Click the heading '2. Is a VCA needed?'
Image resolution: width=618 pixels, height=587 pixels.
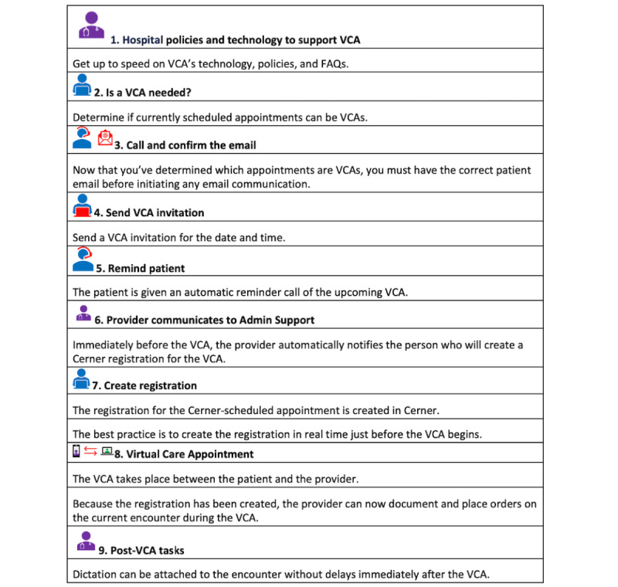pyautogui.click(x=143, y=92)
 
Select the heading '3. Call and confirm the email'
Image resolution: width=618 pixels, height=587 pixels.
pyautogui.click(x=185, y=144)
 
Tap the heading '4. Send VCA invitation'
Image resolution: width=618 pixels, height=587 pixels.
pyautogui.click(x=149, y=212)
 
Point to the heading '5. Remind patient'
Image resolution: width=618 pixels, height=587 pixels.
pyautogui.click(x=141, y=268)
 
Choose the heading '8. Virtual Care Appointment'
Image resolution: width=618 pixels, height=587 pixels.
pyautogui.click(x=184, y=453)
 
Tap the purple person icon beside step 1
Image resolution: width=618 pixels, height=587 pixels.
pyautogui.click(x=91, y=25)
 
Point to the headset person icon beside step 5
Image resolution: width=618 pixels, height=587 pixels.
pyautogui.click(x=82, y=260)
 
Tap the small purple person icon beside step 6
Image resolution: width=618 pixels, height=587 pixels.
pyautogui.click(x=84, y=313)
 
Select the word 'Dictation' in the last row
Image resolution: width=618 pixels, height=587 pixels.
pyautogui.click(x=97, y=575)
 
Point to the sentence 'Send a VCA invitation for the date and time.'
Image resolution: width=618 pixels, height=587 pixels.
pyautogui.click(x=179, y=238)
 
